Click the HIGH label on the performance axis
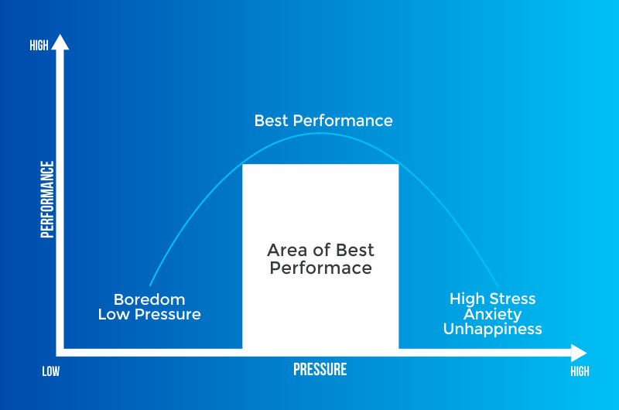[39, 46]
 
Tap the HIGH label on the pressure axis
[580, 371]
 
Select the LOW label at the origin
[51, 371]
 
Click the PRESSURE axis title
[320, 369]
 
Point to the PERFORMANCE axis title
[47, 200]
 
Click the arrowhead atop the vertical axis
[60, 43]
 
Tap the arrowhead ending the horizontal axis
[579, 353]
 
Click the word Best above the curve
[271, 121]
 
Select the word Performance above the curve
[343, 121]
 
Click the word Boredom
[149, 299]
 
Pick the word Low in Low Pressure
[114, 315]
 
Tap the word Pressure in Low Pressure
[168, 315]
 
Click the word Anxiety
[493, 314]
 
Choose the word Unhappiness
[493, 329]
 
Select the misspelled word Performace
[320, 268]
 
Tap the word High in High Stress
[467, 299]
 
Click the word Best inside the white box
[354, 250]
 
